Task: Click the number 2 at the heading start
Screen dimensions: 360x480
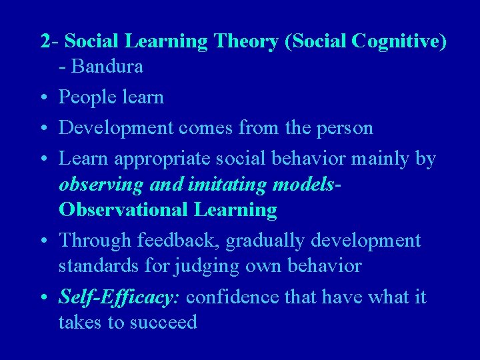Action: click(44, 41)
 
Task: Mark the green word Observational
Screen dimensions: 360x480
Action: click(124, 210)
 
